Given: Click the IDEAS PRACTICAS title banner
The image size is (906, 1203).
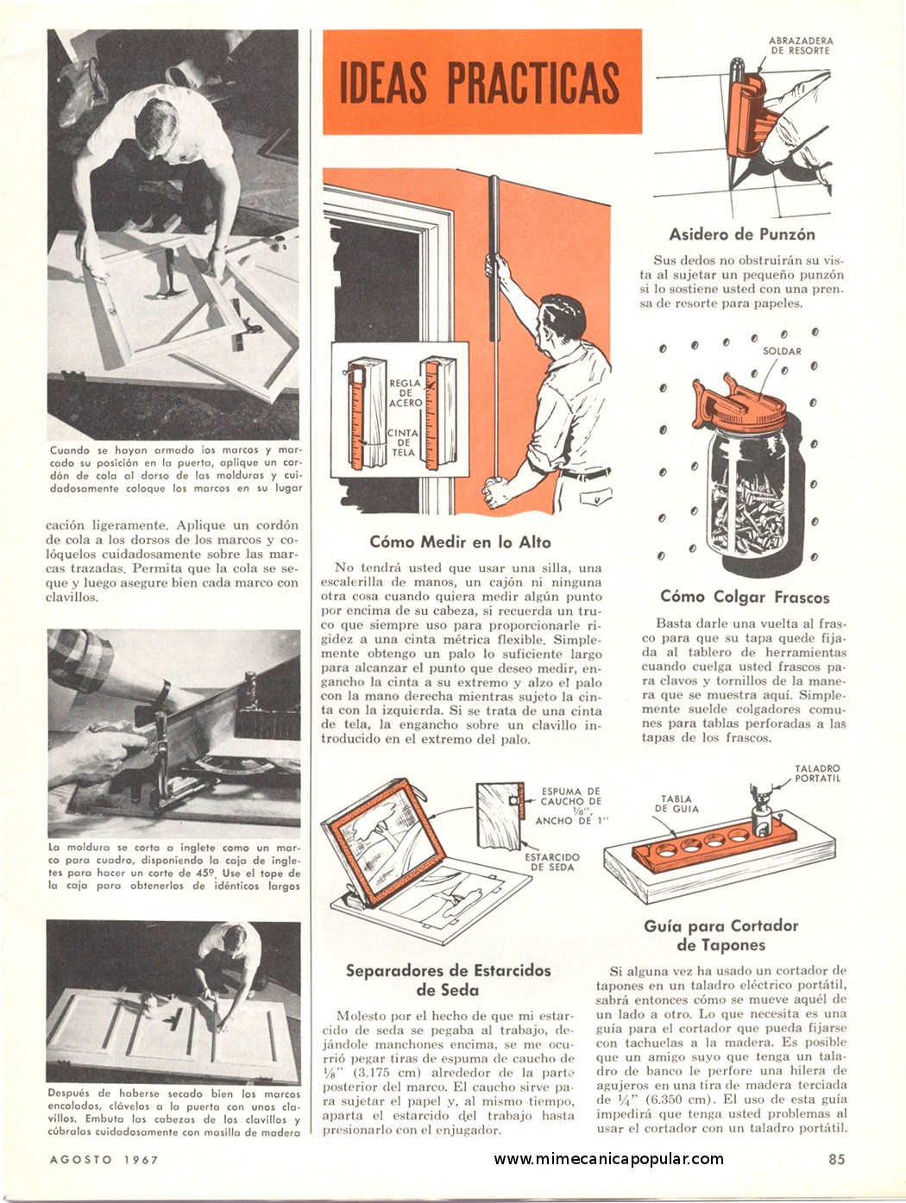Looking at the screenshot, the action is [482, 82].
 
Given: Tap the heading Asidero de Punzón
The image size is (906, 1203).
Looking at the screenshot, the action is [741, 235].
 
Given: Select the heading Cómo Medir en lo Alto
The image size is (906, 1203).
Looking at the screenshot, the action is [460, 542].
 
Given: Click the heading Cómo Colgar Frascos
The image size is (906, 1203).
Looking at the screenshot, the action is [745, 597].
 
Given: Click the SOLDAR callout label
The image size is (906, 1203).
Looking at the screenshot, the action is [782, 351].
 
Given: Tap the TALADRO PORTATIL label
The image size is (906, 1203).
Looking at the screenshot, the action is [817, 774].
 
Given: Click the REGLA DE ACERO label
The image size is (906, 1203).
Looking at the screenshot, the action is [406, 393].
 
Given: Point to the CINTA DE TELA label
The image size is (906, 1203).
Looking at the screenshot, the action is [403, 443].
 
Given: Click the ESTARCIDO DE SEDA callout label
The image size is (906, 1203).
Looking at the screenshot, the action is [552, 862].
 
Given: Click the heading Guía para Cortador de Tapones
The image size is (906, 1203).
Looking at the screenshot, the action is [720, 936].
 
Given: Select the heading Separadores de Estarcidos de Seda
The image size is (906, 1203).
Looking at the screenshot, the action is [448, 981].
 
